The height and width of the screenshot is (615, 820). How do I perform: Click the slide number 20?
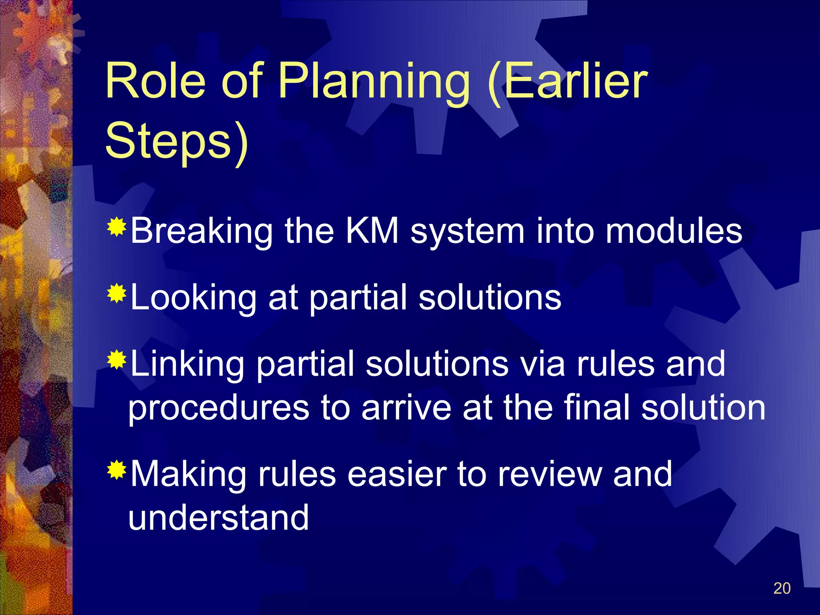point(782,588)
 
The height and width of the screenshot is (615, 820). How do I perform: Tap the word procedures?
point(219,408)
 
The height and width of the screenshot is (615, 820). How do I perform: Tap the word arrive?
point(406,408)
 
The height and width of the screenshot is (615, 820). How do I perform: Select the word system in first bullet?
point(467,232)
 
